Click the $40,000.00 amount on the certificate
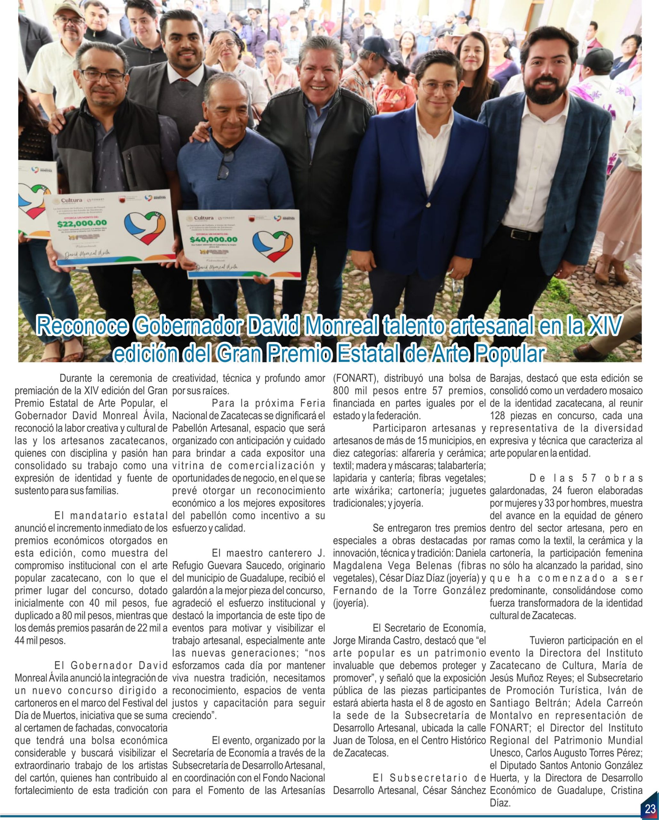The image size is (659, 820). point(213,240)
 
